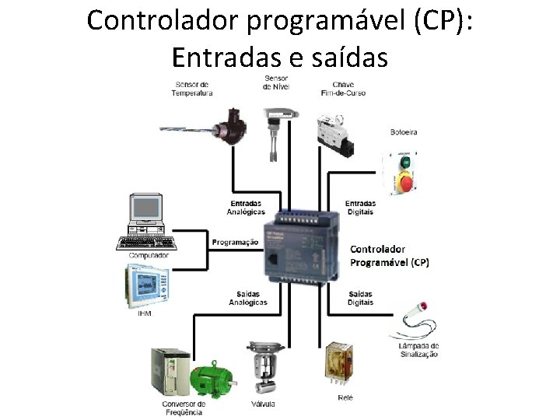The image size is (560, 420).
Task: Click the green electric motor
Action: [211, 380]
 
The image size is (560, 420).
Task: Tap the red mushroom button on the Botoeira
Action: [406, 184]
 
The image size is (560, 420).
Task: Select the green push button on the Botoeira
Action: [405, 163]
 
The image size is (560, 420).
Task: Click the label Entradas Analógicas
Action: [246, 208]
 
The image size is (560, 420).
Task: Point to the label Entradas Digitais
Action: [360, 208]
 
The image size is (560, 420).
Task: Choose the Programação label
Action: [235, 242]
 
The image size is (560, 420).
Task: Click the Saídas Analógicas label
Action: [248, 298]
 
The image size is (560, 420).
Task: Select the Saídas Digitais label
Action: [360, 298]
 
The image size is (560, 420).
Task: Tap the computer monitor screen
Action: [145, 207]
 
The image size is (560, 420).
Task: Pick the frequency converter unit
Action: [170, 371]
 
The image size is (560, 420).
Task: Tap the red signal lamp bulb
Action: [423, 306]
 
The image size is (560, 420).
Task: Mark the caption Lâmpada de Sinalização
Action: [418, 349]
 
